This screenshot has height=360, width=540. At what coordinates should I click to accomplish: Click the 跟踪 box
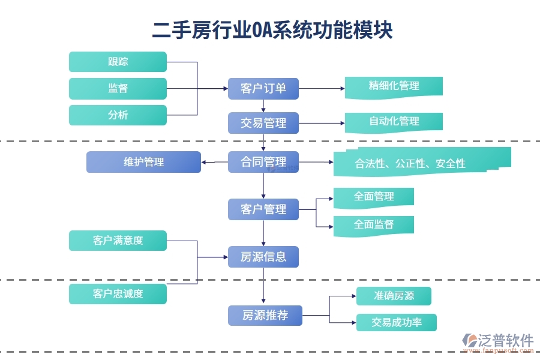(x=118, y=62)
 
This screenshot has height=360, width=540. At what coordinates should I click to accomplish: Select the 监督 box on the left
(x=118, y=89)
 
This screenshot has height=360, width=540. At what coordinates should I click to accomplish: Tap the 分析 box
(x=118, y=115)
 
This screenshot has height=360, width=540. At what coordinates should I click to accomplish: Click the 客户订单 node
(x=263, y=89)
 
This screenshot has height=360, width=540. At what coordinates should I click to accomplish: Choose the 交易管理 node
(x=263, y=123)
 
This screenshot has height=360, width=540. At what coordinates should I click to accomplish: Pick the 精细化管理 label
(x=394, y=86)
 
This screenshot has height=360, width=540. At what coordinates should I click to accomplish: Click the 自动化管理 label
(x=394, y=121)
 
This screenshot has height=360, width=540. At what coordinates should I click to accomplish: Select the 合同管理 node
(x=263, y=162)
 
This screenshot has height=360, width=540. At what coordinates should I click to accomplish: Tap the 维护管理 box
(x=143, y=162)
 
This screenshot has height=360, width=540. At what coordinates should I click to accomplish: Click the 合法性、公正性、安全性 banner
(x=410, y=163)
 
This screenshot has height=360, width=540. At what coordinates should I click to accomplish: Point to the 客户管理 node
(x=263, y=209)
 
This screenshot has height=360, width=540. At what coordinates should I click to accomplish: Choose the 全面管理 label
(x=373, y=197)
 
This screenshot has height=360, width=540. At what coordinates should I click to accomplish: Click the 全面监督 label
(x=373, y=225)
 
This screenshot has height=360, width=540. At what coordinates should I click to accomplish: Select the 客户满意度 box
(x=118, y=241)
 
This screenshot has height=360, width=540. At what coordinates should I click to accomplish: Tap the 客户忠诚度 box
(x=118, y=293)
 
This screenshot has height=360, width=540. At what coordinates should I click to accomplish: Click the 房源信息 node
(x=263, y=257)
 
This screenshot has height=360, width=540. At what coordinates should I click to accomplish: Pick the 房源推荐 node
(x=265, y=315)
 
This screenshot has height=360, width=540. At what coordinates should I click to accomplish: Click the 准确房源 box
(x=394, y=296)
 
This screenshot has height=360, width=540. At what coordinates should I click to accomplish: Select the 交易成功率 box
(x=396, y=322)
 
